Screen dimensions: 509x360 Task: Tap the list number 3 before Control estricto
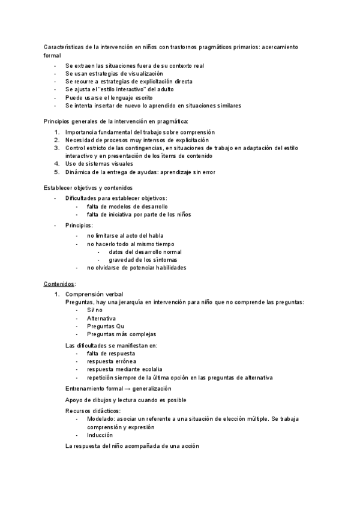(56, 147)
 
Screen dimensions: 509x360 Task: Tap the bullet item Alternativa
(101, 318)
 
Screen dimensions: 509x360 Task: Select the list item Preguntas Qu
(106, 326)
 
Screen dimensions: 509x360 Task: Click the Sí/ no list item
(95, 310)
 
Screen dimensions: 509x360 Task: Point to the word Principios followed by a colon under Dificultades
(79, 225)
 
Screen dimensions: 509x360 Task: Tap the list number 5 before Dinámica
(56, 172)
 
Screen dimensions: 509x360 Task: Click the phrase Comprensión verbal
(94, 294)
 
